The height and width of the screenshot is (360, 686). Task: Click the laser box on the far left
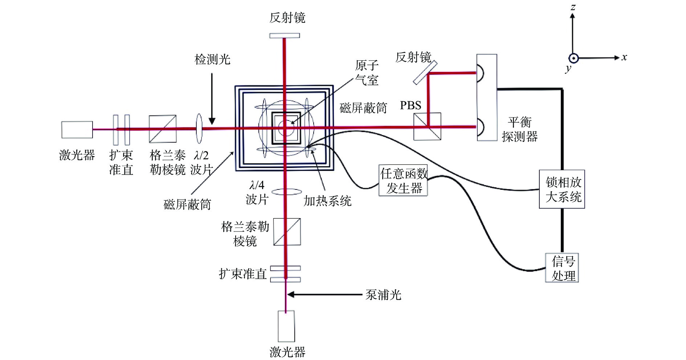tap(77, 130)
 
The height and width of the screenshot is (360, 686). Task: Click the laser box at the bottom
tap(286, 326)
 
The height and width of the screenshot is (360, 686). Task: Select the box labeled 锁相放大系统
tap(562, 189)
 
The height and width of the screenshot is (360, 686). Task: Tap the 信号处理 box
tap(562, 268)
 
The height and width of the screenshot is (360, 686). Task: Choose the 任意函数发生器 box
tap(403, 181)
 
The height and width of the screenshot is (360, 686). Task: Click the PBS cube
tap(427, 126)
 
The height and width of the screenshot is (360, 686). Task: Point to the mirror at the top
tap(285, 36)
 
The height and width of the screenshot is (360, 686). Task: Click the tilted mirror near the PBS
tap(425, 72)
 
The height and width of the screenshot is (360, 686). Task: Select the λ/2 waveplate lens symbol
tap(199, 128)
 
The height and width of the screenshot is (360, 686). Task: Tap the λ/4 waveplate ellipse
tap(287, 192)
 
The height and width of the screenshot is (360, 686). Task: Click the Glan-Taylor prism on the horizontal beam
tap(163, 129)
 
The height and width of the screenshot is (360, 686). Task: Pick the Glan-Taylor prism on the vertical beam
tap(287, 232)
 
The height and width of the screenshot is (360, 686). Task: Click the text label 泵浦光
tap(383, 295)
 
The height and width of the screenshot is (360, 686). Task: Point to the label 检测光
tap(212, 59)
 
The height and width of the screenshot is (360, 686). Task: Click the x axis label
tap(624, 57)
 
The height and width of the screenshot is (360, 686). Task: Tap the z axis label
tap(573, 7)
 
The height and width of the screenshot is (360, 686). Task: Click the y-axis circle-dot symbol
tap(573, 58)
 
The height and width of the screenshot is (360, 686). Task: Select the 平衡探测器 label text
tap(519, 129)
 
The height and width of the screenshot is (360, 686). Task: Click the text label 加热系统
tap(327, 201)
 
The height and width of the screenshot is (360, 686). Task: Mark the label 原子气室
tap(367, 73)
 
